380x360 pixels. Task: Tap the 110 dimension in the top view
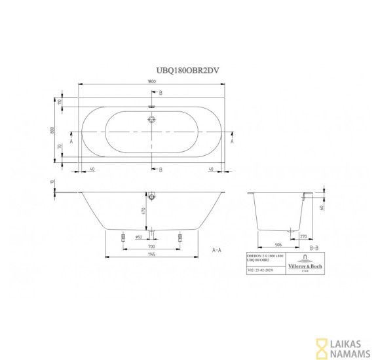58,103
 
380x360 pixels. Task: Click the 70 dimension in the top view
58,147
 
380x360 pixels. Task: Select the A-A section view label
217,250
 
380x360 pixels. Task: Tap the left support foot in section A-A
123,240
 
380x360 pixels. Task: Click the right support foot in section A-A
180,240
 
